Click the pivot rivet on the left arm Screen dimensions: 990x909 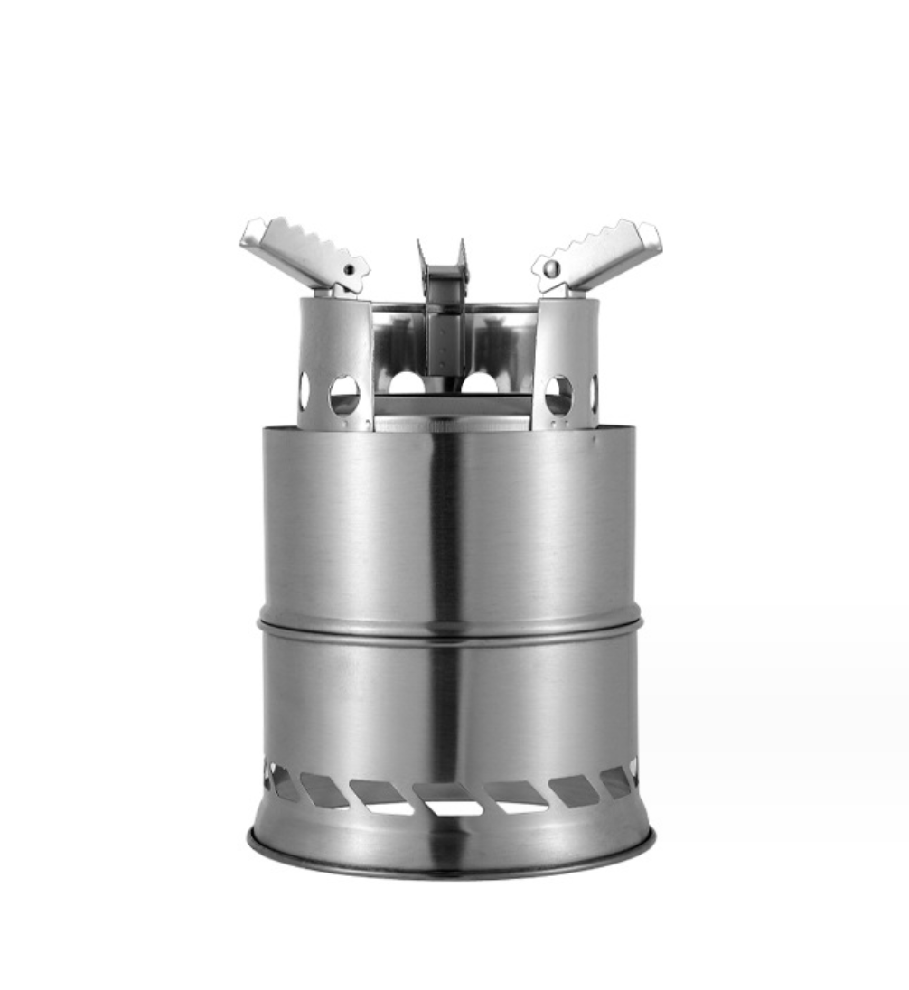click(x=349, y=269)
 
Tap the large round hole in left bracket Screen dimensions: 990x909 click(x=344, y=395)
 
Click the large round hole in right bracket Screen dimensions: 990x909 click(x=558, y=395)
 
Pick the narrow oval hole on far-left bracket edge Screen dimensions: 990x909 click(x=305, y=390)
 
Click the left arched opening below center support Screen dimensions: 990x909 click(x=407, y=384)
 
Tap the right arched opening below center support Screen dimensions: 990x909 click(x=479, y=384)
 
